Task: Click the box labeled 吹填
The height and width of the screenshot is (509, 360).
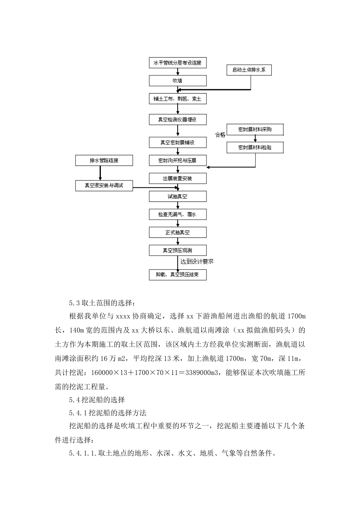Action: tap(178, 81)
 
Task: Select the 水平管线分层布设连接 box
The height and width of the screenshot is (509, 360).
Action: tap(178, 63)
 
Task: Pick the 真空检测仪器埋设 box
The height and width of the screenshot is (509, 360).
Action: tap(178, 120)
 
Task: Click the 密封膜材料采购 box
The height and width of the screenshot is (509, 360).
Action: tap(255, 130)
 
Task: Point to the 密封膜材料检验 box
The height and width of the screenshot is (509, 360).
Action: tap(255, 148)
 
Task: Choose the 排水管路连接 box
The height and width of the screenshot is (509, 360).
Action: tap(104, 161)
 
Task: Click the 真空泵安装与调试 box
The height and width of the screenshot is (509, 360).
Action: tap(104, 186)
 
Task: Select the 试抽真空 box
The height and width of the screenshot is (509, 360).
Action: tap(178, 197)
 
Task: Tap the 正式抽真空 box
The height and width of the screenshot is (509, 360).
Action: tap(178, 233)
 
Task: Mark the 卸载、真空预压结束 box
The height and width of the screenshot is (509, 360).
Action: tap(178, 275)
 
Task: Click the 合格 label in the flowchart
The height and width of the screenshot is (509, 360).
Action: tap(220, 135)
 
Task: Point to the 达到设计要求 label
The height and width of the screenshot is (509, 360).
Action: tap(197, 262)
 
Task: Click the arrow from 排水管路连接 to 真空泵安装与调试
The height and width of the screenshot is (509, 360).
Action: tap(100, 173)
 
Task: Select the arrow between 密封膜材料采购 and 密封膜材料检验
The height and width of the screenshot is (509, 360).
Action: tap(255, 139)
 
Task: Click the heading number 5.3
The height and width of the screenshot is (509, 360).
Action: tap(74, 303)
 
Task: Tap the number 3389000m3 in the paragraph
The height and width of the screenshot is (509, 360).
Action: tap(200, 373)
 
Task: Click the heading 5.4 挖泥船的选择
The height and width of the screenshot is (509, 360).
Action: tap(97, 400)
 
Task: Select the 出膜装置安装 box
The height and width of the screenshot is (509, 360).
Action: tap(178, 178)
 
